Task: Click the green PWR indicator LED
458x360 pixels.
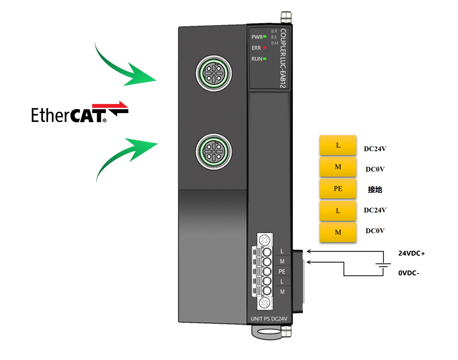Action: [x=264, y=36]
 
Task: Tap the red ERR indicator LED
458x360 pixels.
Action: [x=264, y=48]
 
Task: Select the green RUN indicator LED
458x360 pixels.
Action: [x=264, y=59]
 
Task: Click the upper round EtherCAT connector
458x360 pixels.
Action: [x=214, y=74]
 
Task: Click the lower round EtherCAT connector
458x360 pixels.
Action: [x=214, y=151]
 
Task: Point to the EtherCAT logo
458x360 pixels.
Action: [x=80, y=113]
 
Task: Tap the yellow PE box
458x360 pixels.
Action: [x=338, y=189]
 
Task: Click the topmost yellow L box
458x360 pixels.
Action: [x=338, y=145]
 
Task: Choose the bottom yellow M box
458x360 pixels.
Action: [x=338, y=232]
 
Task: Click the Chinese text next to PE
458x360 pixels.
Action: [x=375, y=190]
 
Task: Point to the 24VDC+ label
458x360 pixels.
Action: [x=411, y=253]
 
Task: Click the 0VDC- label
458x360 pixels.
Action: [x=409, y=273]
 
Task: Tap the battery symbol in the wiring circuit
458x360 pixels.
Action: [x=383, y=265]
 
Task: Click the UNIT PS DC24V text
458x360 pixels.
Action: [x=269, y=319]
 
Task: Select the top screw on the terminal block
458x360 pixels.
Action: [x=265, y=240]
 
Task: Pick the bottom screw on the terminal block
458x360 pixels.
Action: [x=265, y=303]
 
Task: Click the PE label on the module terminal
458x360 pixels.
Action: [x=282, y=271]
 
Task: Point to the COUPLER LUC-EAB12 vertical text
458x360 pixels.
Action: [x=283, y=58]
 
